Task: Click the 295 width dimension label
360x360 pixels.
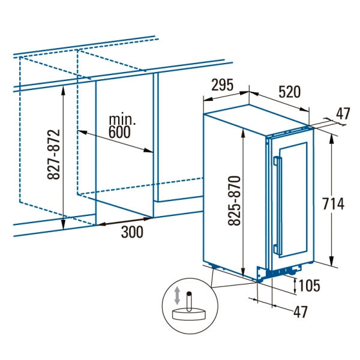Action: (222, 85)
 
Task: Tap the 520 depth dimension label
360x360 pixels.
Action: (289, 92)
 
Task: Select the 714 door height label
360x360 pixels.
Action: (334, 203)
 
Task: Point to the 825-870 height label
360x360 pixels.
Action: (234, 200)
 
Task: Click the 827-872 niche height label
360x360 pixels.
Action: (53, 154)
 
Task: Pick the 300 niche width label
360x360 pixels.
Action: (132, 232)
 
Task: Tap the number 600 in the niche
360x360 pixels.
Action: (119, 132)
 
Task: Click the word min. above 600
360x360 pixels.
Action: (122, 119)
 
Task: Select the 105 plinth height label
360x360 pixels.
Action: (309, 286)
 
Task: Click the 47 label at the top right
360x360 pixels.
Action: (343, 113)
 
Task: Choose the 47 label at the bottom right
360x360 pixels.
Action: (301, 311)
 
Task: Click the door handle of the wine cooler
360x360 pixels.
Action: (278, 206)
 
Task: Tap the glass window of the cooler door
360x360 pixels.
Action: (293, 200)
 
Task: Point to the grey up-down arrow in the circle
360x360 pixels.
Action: (177, 295)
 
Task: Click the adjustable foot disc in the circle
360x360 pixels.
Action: (189, 314)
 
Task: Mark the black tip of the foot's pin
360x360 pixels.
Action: (189, 293)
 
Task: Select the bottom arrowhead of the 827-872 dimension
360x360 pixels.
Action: (64, 224)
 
